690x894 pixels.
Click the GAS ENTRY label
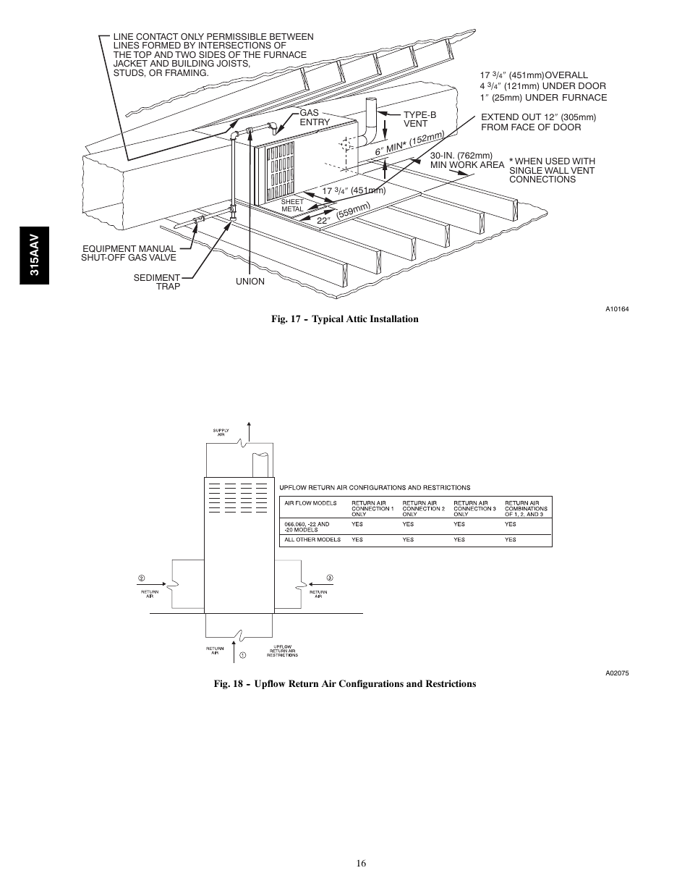click(315, 118)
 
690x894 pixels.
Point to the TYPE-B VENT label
click(419, 119)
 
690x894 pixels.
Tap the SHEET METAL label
click(292, 205)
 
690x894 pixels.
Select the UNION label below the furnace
click(250, 282)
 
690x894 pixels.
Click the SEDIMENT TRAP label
click(157, 282)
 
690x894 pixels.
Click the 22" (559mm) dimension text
click(343, 214)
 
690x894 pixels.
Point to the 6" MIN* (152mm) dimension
click(408, 143)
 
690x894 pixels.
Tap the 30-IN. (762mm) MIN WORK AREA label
click(467, 160)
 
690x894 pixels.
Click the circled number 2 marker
click(142, 578)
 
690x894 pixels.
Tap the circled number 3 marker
click(330, 578)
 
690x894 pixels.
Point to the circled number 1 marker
click(243, 655)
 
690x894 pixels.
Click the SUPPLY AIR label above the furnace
click(221, 432)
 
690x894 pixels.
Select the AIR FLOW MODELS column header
click(310, 503)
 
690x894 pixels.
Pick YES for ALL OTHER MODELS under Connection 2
click(409, 539)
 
